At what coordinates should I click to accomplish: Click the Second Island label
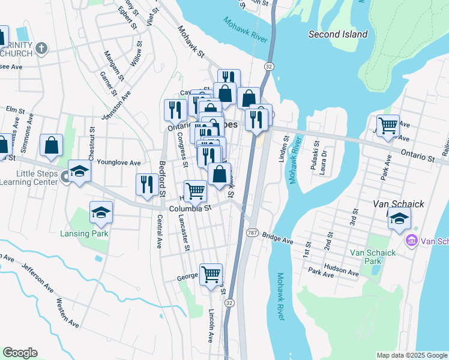337,34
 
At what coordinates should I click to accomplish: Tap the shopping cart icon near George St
211,275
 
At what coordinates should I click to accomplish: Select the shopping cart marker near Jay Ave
388,126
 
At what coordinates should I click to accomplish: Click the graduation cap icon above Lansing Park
101,212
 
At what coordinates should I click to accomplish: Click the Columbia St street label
190,208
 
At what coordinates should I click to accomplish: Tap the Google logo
20,353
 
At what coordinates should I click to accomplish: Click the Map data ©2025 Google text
411,355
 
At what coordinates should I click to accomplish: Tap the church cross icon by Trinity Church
41,49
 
